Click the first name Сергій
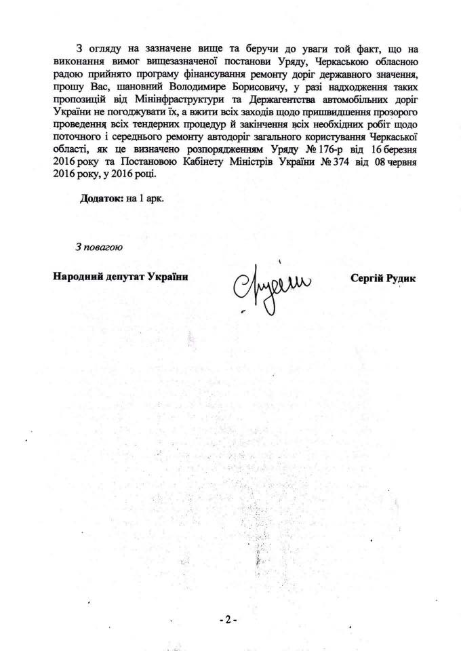365,278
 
